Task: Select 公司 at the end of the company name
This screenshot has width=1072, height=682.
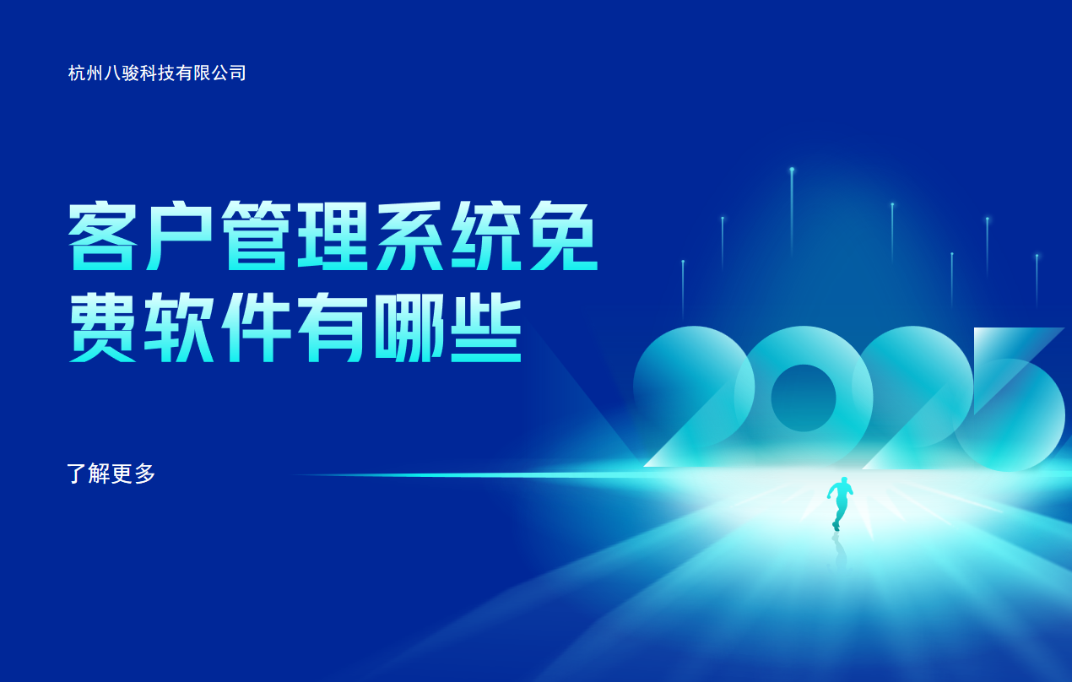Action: point(228,73)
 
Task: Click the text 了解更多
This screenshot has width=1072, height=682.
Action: point(111,474)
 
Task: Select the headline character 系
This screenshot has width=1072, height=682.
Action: point(410,237)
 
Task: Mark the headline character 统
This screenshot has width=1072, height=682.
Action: point(487,237)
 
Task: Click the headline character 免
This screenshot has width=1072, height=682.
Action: point(563,237)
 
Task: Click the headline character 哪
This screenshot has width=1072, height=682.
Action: point(410,329)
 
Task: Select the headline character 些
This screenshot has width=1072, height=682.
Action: point(487,329)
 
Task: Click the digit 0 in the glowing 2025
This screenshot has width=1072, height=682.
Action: point(803,398)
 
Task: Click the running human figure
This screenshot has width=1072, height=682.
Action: point(840,502)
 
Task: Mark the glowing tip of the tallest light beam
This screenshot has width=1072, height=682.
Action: point(792,170)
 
